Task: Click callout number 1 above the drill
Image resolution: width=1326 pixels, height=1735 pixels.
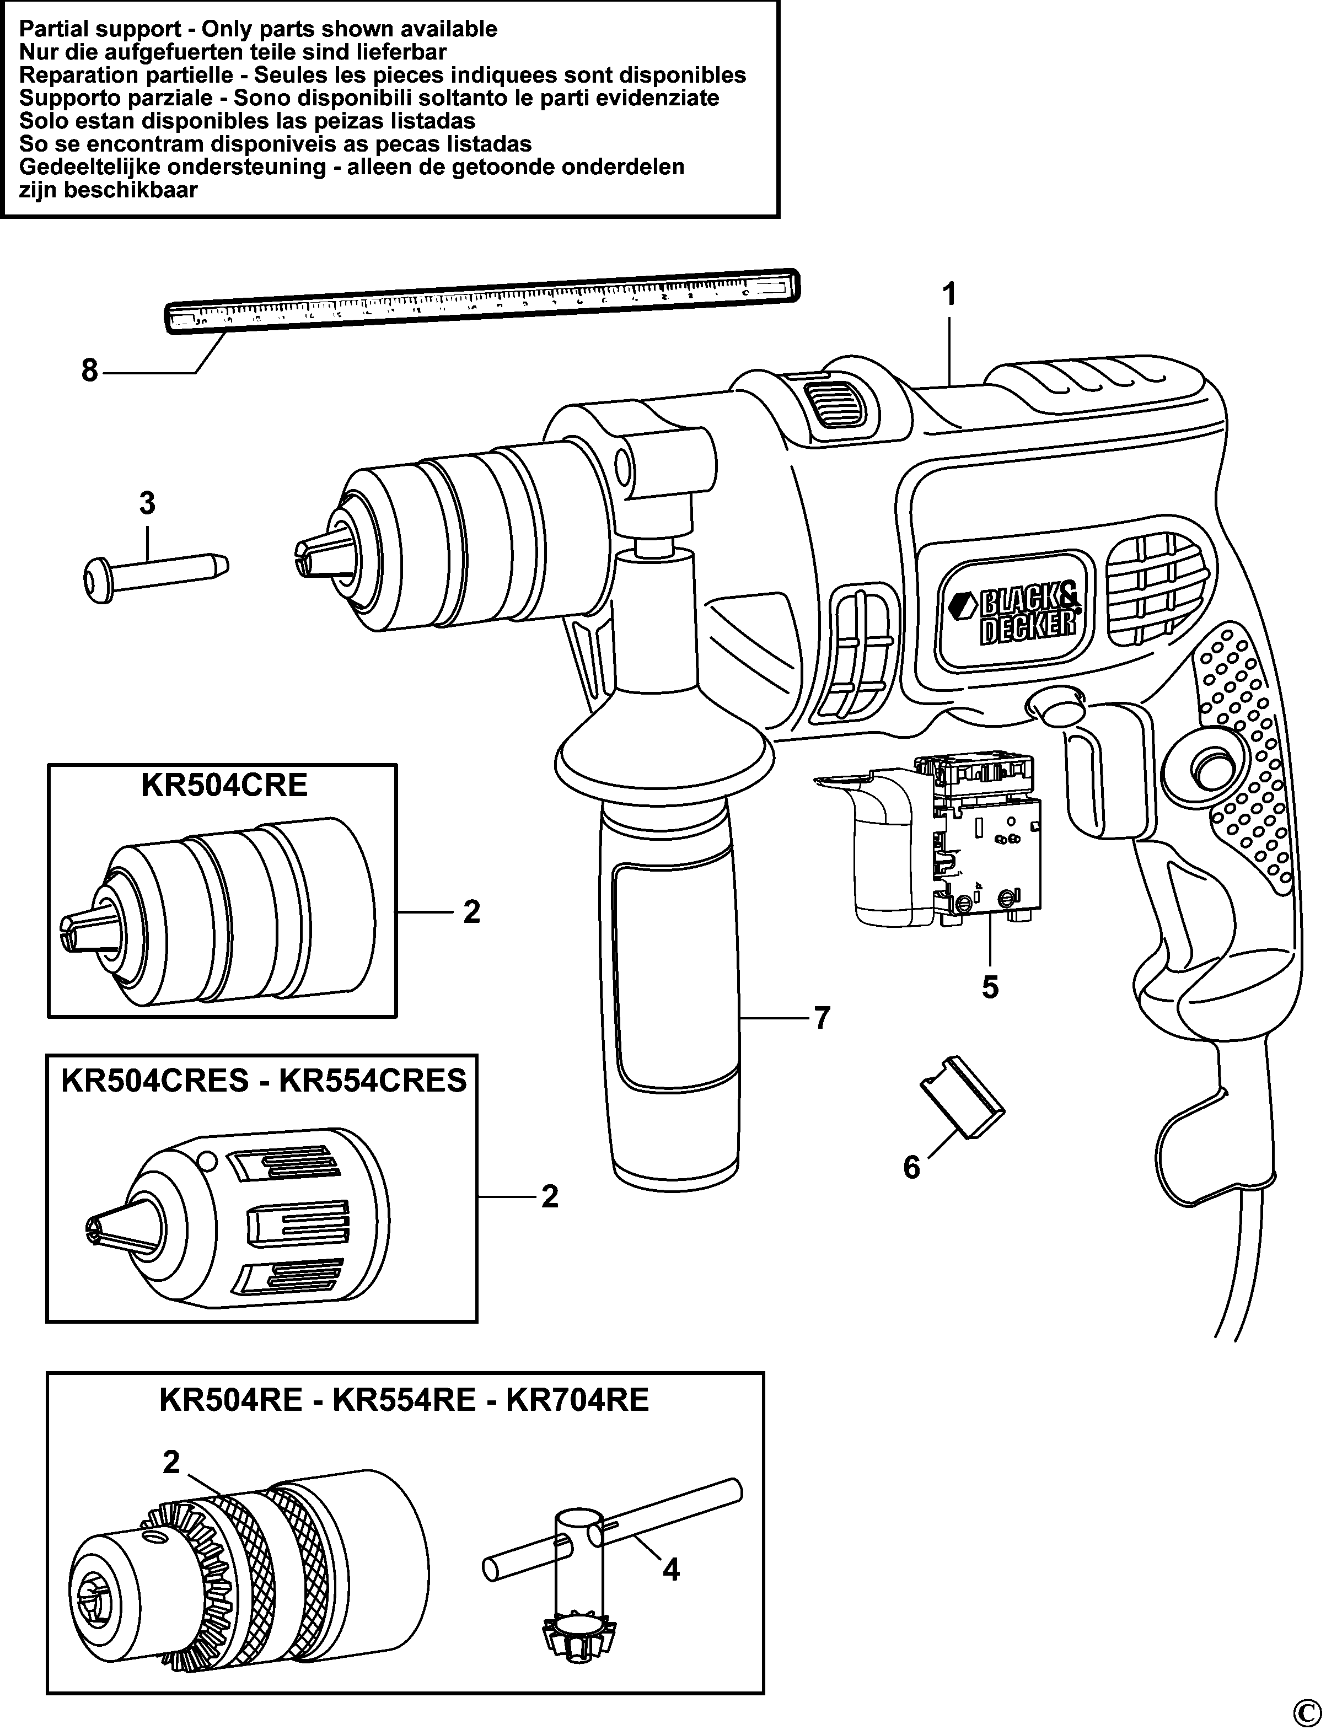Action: point(949,295)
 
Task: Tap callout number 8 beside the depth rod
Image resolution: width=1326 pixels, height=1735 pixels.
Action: point(89,369)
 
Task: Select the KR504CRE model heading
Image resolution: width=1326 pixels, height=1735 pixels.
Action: point(223,786)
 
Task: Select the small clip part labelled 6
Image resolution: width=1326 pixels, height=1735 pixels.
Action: point(962,1104)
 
